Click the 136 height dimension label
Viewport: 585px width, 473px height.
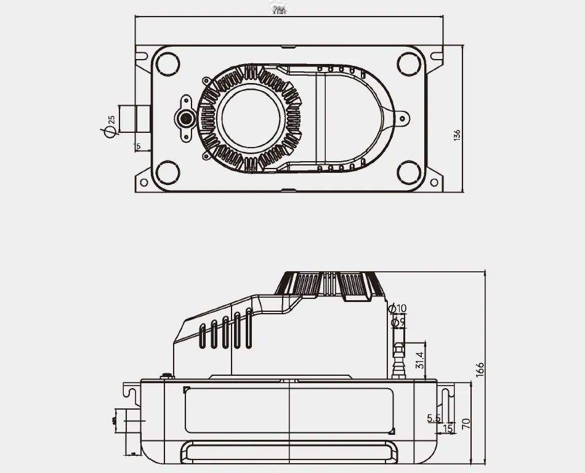tap(456, 135)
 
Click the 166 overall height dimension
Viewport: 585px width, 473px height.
tap(480, 368)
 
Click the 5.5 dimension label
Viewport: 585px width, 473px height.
tap(434, 419)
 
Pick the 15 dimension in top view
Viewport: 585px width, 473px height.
tap(137, 146)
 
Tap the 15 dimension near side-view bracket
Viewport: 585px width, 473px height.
tap(448, 427)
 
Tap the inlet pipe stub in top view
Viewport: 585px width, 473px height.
tap(135, 119)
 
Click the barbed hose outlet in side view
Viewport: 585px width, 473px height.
tap(398, 360)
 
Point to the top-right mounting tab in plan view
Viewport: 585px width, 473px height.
tap(437, 57)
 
